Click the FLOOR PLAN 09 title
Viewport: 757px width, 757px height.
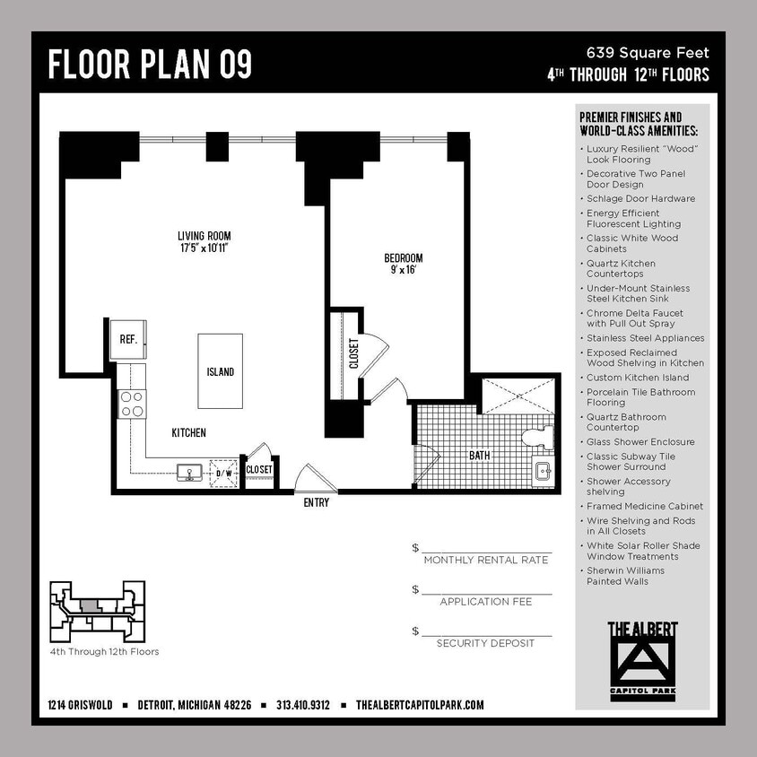point(150,65)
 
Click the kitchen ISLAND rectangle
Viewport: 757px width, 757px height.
point(220,370)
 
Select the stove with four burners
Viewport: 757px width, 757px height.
point(133,405)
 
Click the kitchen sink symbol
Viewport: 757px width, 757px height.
point(189,473)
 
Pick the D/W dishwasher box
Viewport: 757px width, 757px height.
point(222,472)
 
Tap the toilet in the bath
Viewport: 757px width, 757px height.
point(536,438)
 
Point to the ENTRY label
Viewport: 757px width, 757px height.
point(316,503)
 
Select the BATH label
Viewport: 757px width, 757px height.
point(480,456)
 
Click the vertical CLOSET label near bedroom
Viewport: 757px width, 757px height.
point(353,353)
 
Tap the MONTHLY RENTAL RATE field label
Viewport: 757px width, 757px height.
point(485,560)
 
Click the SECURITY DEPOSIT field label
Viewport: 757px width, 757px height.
point(485,643)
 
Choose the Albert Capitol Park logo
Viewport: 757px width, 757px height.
point(642,658)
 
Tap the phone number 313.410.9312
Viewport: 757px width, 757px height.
point(303,705)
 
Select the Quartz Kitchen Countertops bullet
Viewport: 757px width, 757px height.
point(621,268)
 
